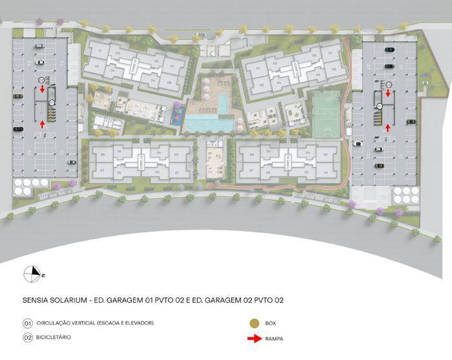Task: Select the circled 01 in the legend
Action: (x=27, y=323)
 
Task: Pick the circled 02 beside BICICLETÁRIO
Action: (x=27, y=337)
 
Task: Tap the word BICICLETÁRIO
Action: (x=54, y=337)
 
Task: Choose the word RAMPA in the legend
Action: (x=274, y=338)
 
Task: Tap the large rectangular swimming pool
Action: (x=210, y=121)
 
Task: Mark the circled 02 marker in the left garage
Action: (x=41, y=79)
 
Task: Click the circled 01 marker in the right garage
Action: (x=380, y=105)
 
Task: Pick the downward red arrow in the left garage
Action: (x=43, y=90)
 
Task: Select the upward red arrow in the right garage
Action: (x=388, y=128)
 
